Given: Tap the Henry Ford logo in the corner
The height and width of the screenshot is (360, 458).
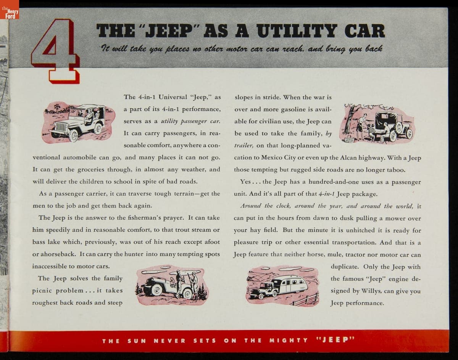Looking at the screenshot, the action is pos(10,10).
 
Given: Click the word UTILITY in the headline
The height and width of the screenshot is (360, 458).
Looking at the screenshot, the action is pos(297,31).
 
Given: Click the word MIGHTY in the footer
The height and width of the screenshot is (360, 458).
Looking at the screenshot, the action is pos(289,340).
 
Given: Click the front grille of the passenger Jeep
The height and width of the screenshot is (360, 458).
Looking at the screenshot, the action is pos(61,127).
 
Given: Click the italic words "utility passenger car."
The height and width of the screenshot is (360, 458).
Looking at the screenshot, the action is pos(190,121).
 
